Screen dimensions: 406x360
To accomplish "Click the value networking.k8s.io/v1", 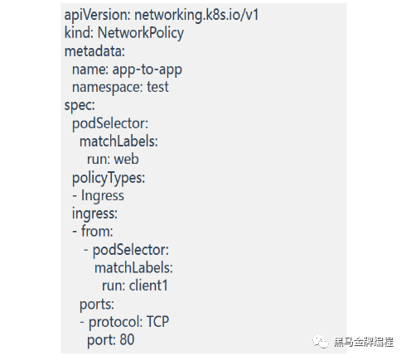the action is [x=196, y=15].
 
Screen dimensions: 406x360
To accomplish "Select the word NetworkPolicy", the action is [x=141, y=33].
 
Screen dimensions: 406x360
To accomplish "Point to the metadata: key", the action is [x=94, y=51].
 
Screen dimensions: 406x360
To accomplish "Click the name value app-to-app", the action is [x=147, y=70].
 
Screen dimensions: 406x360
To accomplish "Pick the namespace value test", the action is [x=157, y=87].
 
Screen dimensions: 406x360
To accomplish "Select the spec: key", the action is [x=80, y=106].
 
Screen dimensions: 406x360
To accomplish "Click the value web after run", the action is [x=127, y=160].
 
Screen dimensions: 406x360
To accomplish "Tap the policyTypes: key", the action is [x=109, y=178].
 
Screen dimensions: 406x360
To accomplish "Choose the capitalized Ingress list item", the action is [x=103, y=196].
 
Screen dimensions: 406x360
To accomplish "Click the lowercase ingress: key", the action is [x=94, y=214].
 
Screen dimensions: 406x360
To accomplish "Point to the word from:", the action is [x=97, y=231].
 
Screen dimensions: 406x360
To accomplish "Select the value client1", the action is [x=148, y=286].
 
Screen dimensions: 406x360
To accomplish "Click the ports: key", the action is [x=97, y=305].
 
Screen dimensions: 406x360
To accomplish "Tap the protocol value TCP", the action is [x=157, y=322].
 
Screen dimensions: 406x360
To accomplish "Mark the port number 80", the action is [x=127, y=339].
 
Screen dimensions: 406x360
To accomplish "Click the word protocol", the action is [x=115, y=322].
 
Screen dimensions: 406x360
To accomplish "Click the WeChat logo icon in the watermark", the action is [x=321, y=342].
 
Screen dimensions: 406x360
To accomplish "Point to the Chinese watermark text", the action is [x=364, y=343].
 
